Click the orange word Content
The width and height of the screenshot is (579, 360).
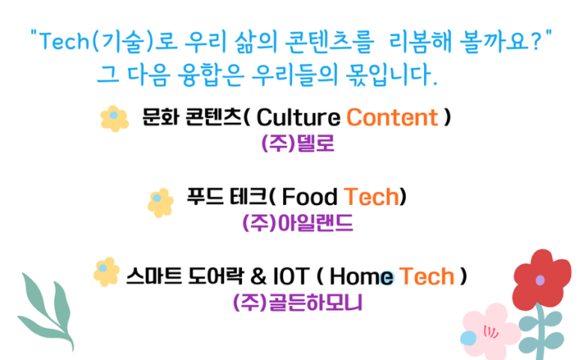click(x=392, y=118)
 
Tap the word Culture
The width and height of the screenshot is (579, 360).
click(x=298, y=118)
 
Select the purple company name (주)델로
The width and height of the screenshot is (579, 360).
click(x=297, y=143)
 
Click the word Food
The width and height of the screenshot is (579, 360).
click(x=309, y=197)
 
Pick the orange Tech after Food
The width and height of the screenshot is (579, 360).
click(x=372, y=197)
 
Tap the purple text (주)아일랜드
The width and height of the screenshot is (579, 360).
click(x=297, y=223)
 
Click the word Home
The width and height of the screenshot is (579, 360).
click(x=362, y=276)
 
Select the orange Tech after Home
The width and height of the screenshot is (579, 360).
click(x=426, y=276)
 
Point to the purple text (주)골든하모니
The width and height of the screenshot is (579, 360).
click(x=297, y=302)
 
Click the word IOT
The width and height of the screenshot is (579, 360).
click(x=291, y=276)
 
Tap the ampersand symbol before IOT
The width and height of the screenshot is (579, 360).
click(x=258, y=276)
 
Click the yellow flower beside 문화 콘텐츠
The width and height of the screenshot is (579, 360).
click(x=115, y=118)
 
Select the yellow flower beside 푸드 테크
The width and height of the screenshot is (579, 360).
click(x=160, y=203)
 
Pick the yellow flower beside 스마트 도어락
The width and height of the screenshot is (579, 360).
click(x=106, y=272)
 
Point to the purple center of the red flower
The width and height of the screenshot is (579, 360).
click(x=540, y=281)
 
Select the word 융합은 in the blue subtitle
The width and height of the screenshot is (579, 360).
click(x=210, y=75)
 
